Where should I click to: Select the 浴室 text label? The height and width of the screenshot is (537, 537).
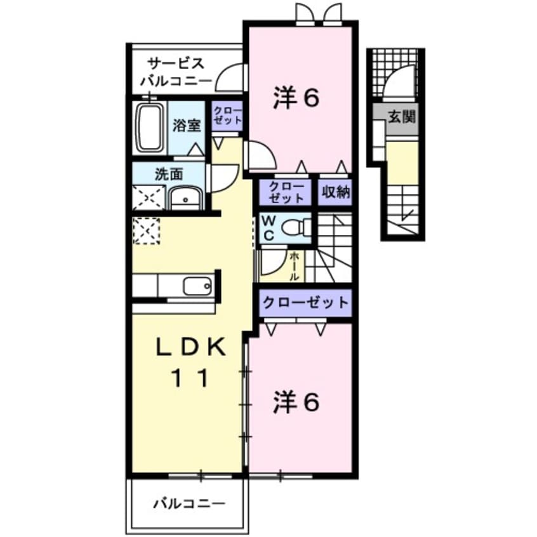coord(187,125)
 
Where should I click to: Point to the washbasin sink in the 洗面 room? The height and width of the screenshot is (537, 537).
coord(185,199)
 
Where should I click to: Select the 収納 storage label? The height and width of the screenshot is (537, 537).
coord(335,192)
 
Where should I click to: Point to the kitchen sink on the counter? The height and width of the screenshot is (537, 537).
coord(197,286)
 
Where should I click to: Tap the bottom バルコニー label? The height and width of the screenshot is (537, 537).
coord(189,505)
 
